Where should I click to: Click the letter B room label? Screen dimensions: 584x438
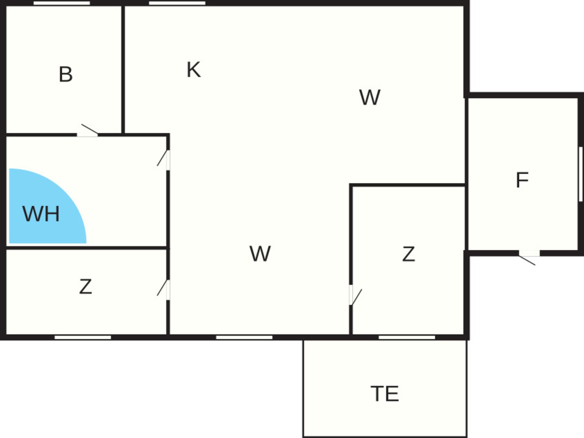[66, 74]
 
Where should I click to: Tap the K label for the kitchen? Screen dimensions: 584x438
[193, 70]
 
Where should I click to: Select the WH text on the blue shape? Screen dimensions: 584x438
[41, 214]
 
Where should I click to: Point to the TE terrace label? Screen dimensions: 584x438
[385, 394]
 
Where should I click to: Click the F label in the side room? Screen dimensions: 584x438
[522, 180]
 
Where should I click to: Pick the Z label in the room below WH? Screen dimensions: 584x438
[85, 287]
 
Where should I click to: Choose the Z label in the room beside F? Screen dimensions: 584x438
[408, 254]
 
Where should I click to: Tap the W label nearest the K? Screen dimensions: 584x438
[370, 97]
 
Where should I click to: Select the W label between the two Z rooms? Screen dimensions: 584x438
[260, 254]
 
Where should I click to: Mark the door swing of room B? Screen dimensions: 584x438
[89, 129]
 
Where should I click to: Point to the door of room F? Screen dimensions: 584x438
[527, 260]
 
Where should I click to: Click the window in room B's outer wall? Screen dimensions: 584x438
[62, 3]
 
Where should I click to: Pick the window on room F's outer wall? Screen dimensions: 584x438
[581, 174]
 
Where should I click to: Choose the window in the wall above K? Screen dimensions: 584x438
[177, 3]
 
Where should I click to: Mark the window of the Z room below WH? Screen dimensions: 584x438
[83, 337]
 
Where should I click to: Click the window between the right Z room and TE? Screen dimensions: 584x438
[407, 337]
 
